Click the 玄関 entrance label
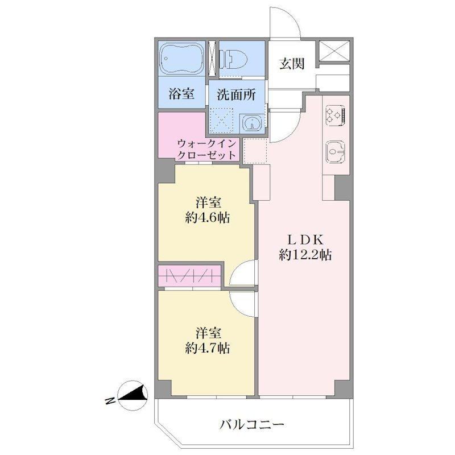click(292, 64)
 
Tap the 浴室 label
click(181, 93)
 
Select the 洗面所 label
click(236, 94)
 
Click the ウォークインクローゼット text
click(206, 150)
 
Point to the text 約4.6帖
click(208, 218)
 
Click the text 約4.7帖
click(208, 348)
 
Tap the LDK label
click(305, 239)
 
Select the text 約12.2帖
click(305, 255)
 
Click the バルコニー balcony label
click(251, 425)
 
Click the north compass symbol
click(134, 395)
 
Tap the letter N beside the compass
click(110, 402)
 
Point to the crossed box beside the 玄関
click(334, 51)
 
